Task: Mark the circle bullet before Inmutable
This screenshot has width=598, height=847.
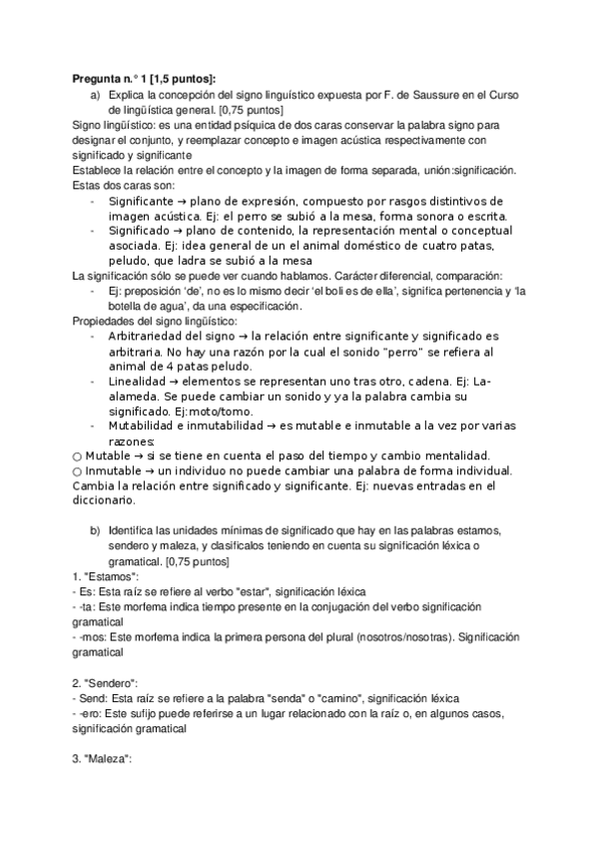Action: [x=78, y=470]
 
